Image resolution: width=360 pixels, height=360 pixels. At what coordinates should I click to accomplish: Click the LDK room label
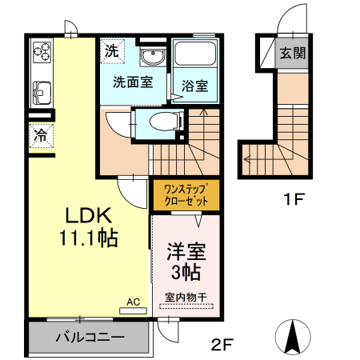click(x=89, y=215)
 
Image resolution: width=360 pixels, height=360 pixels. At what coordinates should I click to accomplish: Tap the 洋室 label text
click(x=186, y=251)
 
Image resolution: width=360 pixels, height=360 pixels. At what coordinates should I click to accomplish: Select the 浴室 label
click(x=195, y=86)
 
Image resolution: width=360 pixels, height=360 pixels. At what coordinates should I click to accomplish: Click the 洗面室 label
click(x=133, y=82)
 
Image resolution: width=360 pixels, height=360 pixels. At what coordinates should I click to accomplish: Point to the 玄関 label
click(x=293, y=53)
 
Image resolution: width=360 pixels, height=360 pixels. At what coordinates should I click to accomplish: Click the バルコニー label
click(x=90, y=337)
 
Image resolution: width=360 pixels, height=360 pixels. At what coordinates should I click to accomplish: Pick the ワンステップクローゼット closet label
click(x=186, y=195)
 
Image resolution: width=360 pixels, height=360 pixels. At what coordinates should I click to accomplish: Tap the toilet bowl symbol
click(x=165, y=122)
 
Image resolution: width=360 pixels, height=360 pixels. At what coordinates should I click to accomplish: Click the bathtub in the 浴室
click(x=195, y=54)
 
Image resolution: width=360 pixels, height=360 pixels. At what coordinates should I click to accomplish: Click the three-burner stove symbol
click(x=42, y=52)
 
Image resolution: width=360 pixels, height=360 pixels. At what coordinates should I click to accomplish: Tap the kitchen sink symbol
click(x=42, y=93)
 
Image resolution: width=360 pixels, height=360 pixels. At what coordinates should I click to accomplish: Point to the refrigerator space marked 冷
click(x=41, y=135)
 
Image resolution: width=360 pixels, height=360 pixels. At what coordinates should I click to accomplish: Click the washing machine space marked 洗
click(x=112, y=51)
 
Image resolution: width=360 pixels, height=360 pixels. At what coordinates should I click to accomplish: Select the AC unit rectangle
click(x=133, y=310)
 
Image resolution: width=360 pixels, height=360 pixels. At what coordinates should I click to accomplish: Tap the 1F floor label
click(x=294, y=198)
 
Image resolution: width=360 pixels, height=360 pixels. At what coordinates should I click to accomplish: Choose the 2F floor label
click(x=222, y=345)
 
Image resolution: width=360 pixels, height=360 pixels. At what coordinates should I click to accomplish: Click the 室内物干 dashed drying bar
click(x=186, y=306)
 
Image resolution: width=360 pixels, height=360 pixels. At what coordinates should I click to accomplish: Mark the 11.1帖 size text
click(x=89, y=238)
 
